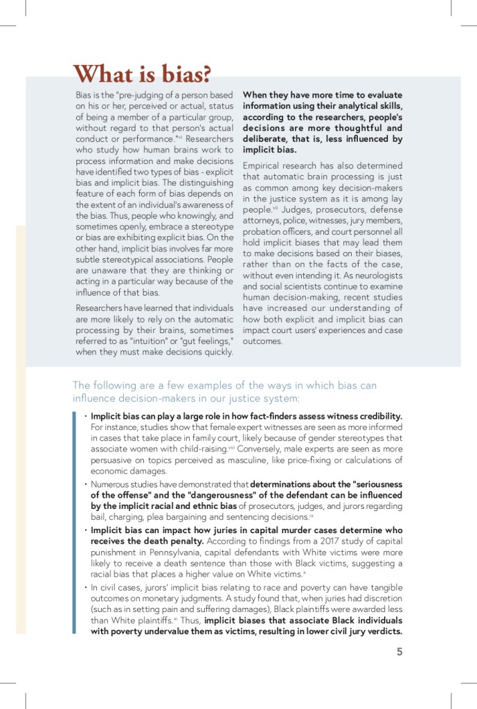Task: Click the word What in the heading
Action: coord(104,73)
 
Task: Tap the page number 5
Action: coord(399,651)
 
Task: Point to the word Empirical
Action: coord(264,165)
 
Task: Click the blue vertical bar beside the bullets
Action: coord(74,522)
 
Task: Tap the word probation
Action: coord(263,231)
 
